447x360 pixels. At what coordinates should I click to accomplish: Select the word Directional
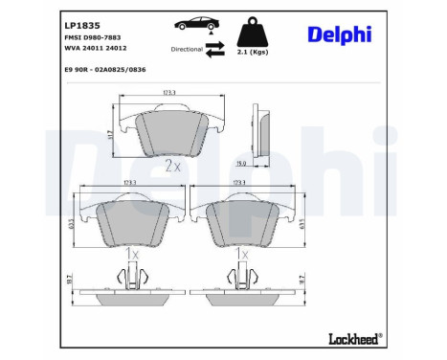coord(186,47)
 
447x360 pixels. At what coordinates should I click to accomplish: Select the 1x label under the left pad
coord(132,255)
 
